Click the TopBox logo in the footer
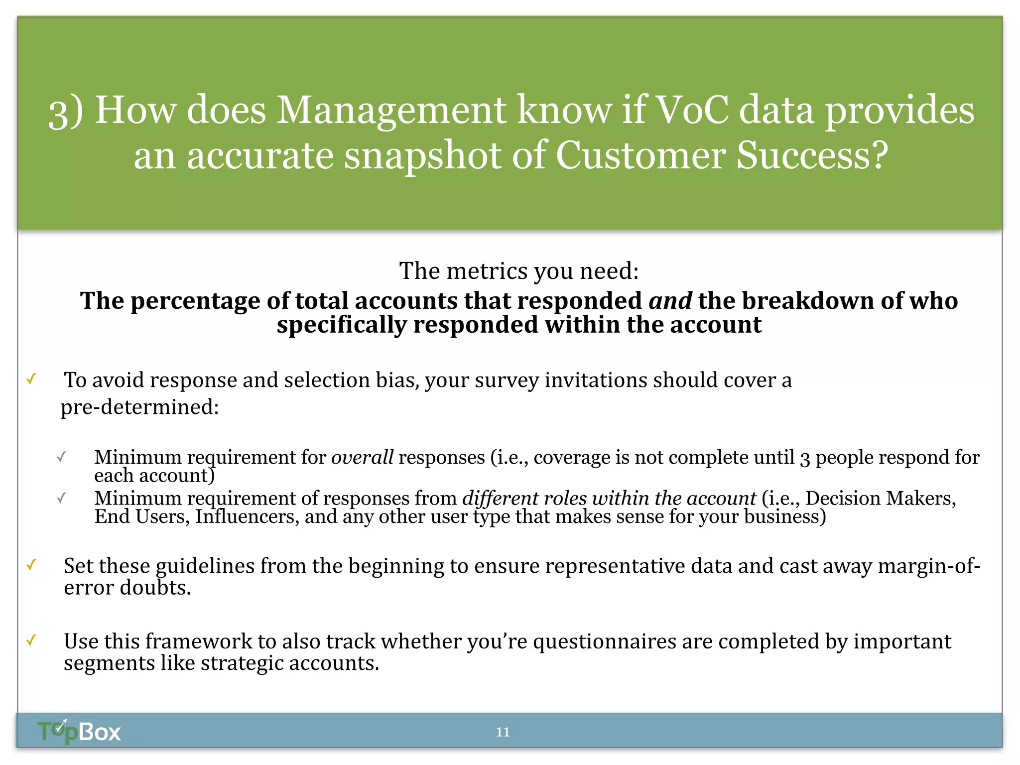point(79,732)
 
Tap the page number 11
point(503,732)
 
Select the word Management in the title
point(391,111)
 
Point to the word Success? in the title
point(812,155)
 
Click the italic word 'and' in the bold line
point(670,301)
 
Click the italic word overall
point(362,457)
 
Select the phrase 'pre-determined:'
point(140,407)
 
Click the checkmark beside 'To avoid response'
point(31,380)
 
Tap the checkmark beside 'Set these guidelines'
point(31,565)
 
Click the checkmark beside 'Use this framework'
point(31,640)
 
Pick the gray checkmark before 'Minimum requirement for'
point(61,457)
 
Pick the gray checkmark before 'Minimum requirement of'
point(61,498)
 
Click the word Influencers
point(247,517)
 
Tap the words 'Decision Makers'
point(880,499)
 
